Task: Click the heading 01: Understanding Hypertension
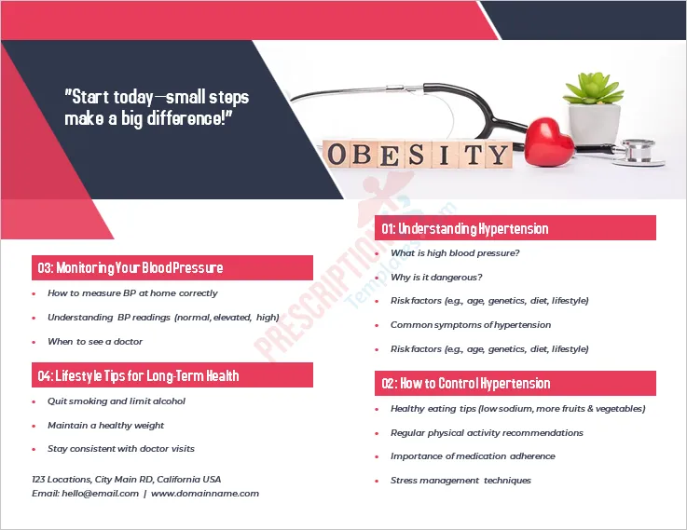click(x=464, y=228)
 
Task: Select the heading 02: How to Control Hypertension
click(x=465, y=383)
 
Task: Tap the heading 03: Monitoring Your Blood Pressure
click(x=131, y=268)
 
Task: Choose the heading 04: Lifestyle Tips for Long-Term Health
click(x=138, y=375)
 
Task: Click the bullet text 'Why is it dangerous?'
click(x=436, y=277)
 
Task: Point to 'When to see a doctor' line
click(x=95, y=342)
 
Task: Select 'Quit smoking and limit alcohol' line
click(x=117, y=401)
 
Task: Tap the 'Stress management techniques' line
click(x=460, y=481)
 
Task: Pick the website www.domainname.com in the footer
click(x=205, y=494)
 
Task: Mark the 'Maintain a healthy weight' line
click(x=105, y=426)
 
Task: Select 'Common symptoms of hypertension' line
click(x=471, y=325)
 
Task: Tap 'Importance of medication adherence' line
click(x=473, y=456)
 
